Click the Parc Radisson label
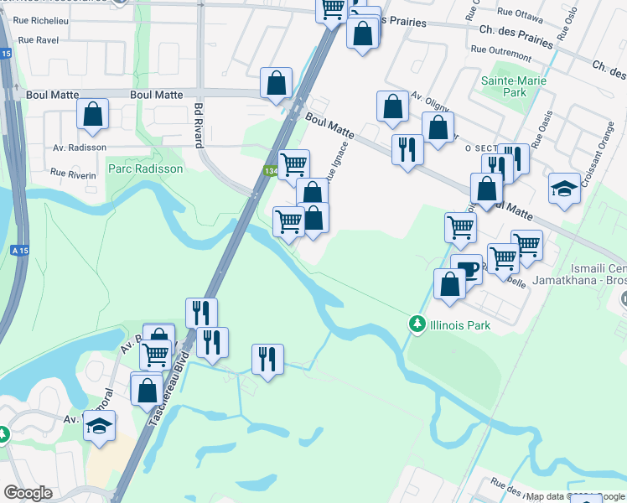145,169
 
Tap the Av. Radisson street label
80,148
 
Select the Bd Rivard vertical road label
199,126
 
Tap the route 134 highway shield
270,171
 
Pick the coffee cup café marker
467,270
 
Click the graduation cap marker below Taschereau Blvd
100,428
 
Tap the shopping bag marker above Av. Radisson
92,115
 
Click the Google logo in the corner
28,493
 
